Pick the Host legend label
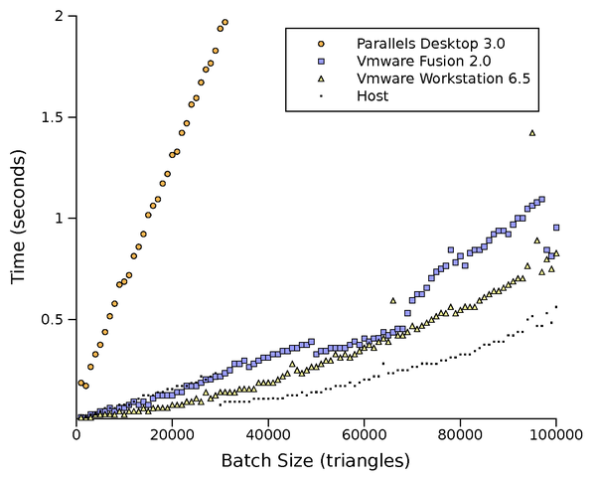pos(372,96)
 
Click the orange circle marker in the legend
pos(320,44)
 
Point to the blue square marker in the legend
pos(320,61)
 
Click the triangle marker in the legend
pos(320,79)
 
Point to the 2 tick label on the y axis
pos(60,16)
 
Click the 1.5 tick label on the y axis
pos(53,117)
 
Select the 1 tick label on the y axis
pos(60,218)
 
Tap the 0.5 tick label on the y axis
pos(53,319)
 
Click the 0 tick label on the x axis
pos(76,435)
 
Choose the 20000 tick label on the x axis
pos(172,435)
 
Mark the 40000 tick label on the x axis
pos(268,435)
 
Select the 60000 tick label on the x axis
pos(364,435)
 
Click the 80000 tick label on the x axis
pos(460,435)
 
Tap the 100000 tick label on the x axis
pos(555,435)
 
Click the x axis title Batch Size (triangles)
pos(316,460)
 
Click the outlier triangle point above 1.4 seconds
pos(532,132)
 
